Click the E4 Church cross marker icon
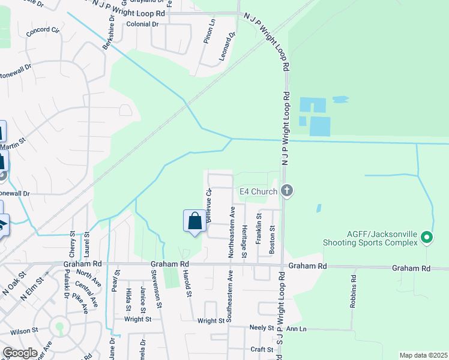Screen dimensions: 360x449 click(x=287, y=191)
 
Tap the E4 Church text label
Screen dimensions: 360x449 click(x=258, y=191)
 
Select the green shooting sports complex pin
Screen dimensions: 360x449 click(x=427, y=238)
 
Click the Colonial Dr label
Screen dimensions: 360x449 click(x=142, y=24)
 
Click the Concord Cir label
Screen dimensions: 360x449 click(x=43, y=29)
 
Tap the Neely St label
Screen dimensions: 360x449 click(x=262, y=329)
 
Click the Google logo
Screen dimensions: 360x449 click(x=19, y=353)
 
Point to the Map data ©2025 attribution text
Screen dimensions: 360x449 click(x=423, y=355)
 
